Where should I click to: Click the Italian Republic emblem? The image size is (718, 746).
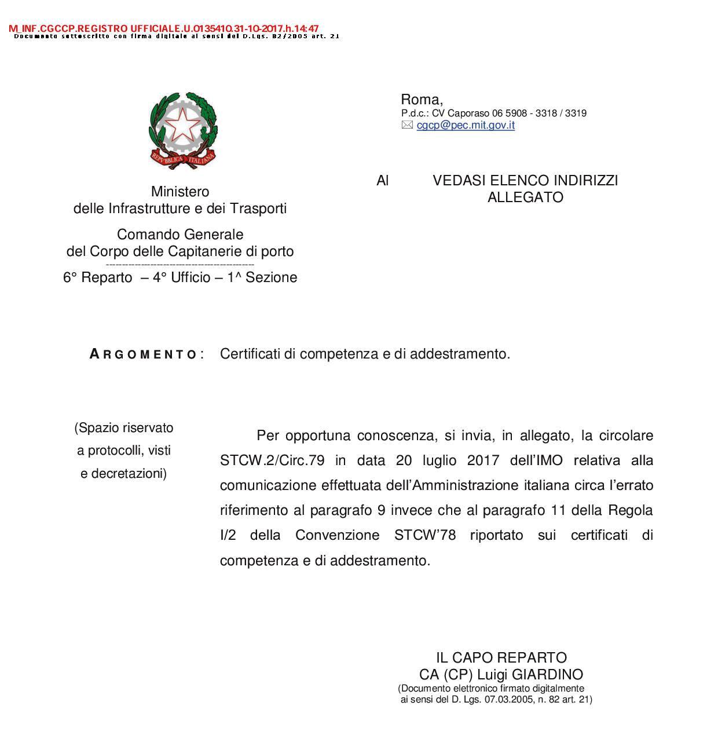pos(183,130)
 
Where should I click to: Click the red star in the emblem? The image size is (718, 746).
pos(183,123)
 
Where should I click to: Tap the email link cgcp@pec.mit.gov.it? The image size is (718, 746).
pos(466,125)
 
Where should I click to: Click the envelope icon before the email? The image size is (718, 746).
pos(407,125)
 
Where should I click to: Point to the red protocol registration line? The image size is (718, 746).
pos(164,28)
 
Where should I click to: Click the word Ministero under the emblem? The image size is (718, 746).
pos(180,192)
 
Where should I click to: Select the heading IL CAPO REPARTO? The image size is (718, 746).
pos(501,658)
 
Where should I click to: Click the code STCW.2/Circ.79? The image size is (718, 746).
pos(272,461)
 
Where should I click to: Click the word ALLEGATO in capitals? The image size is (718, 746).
pos(525,198)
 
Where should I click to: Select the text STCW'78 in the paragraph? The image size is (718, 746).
pos(425,535)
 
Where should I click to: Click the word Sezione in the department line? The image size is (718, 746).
pos(271,278)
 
